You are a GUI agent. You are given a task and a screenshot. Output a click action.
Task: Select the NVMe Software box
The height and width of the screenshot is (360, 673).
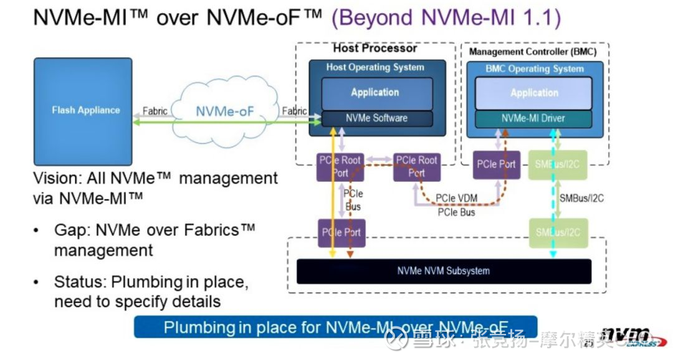coord(376,118)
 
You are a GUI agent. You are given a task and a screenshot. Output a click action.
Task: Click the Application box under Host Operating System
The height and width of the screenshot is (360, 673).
coord(376,93)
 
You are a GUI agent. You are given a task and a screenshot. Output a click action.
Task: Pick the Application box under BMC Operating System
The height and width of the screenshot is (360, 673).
coord(534,93)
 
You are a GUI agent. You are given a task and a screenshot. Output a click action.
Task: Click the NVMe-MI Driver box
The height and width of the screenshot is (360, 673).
coord(534,118)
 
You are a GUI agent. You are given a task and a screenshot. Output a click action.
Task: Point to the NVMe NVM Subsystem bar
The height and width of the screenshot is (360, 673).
coord(443,271)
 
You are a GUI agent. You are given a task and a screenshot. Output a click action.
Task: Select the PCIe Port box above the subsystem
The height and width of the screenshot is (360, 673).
coord(340,233)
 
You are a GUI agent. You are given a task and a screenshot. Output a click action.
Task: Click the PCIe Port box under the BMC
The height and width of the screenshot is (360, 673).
coord(496,164)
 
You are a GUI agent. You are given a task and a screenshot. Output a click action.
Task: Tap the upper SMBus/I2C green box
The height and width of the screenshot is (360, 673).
coord(557,164)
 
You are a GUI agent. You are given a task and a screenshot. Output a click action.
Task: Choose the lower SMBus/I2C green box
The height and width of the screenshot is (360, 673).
coord(557,233)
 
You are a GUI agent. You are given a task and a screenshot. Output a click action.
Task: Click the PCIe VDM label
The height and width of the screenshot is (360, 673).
coord(456,199)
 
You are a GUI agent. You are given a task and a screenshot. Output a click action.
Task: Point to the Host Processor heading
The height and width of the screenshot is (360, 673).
coord(375,48)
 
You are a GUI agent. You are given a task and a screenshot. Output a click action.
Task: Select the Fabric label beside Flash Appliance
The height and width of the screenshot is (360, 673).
coord(155,111)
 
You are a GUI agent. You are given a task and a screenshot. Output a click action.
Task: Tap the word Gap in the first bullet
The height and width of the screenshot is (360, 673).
coord(71,230)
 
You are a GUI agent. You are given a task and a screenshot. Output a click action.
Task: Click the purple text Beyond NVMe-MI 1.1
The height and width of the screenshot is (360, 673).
coord(446,17)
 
